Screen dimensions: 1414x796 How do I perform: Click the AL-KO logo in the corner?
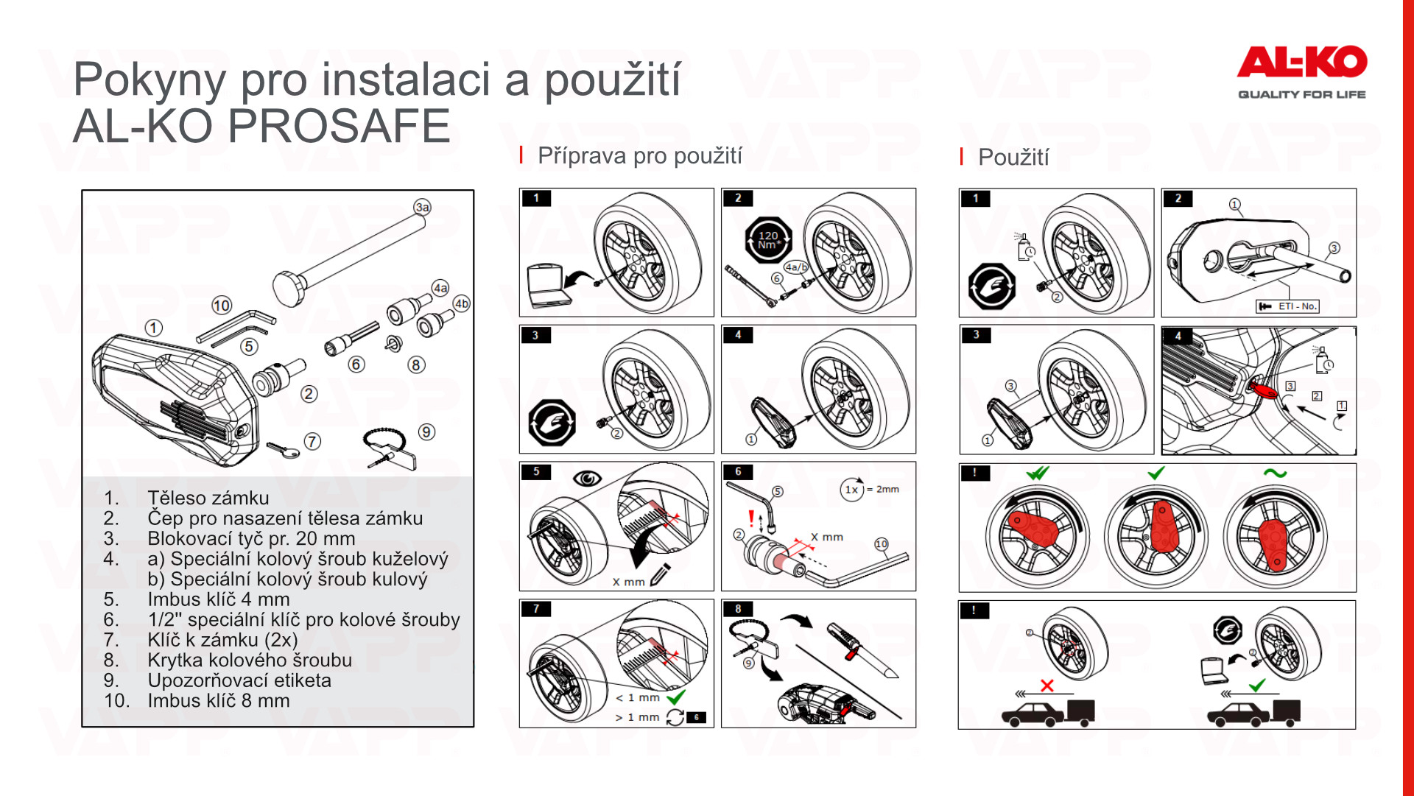[x=1301, y=71]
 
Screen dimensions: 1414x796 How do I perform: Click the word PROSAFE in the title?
[x=339, y=126]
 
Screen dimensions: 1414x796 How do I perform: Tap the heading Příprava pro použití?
[x=640, y=156]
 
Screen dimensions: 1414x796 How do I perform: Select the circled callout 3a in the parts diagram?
[x=422, y=207]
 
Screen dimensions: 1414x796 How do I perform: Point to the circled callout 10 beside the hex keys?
[x=222, y=305]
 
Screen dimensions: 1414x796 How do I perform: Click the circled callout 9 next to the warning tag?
[x=426, y=432]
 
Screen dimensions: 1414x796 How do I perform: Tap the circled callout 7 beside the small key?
[x=312, y=441]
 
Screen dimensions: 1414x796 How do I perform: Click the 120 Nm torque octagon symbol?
[x=767, y=240]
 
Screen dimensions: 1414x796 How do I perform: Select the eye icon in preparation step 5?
[x=587, y=479]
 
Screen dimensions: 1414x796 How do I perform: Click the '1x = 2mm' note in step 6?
[x=870, y=490]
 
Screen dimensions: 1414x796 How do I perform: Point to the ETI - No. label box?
[x=1287, y=306]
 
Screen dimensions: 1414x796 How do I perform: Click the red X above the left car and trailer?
[x=1047, y=686]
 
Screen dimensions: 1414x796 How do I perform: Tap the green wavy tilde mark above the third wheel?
[x=1275, y=473]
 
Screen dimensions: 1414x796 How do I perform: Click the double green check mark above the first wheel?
[x=1038, y=473]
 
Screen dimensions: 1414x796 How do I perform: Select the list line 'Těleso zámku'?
[x=208, y=498]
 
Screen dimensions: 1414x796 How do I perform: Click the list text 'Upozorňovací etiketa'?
[x=239, y=680]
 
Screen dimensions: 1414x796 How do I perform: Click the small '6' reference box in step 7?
[x=696, y=717]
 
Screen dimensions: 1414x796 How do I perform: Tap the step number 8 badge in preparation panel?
[x=738, y=609]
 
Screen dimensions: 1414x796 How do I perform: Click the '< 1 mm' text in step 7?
[x=638, y=697]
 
